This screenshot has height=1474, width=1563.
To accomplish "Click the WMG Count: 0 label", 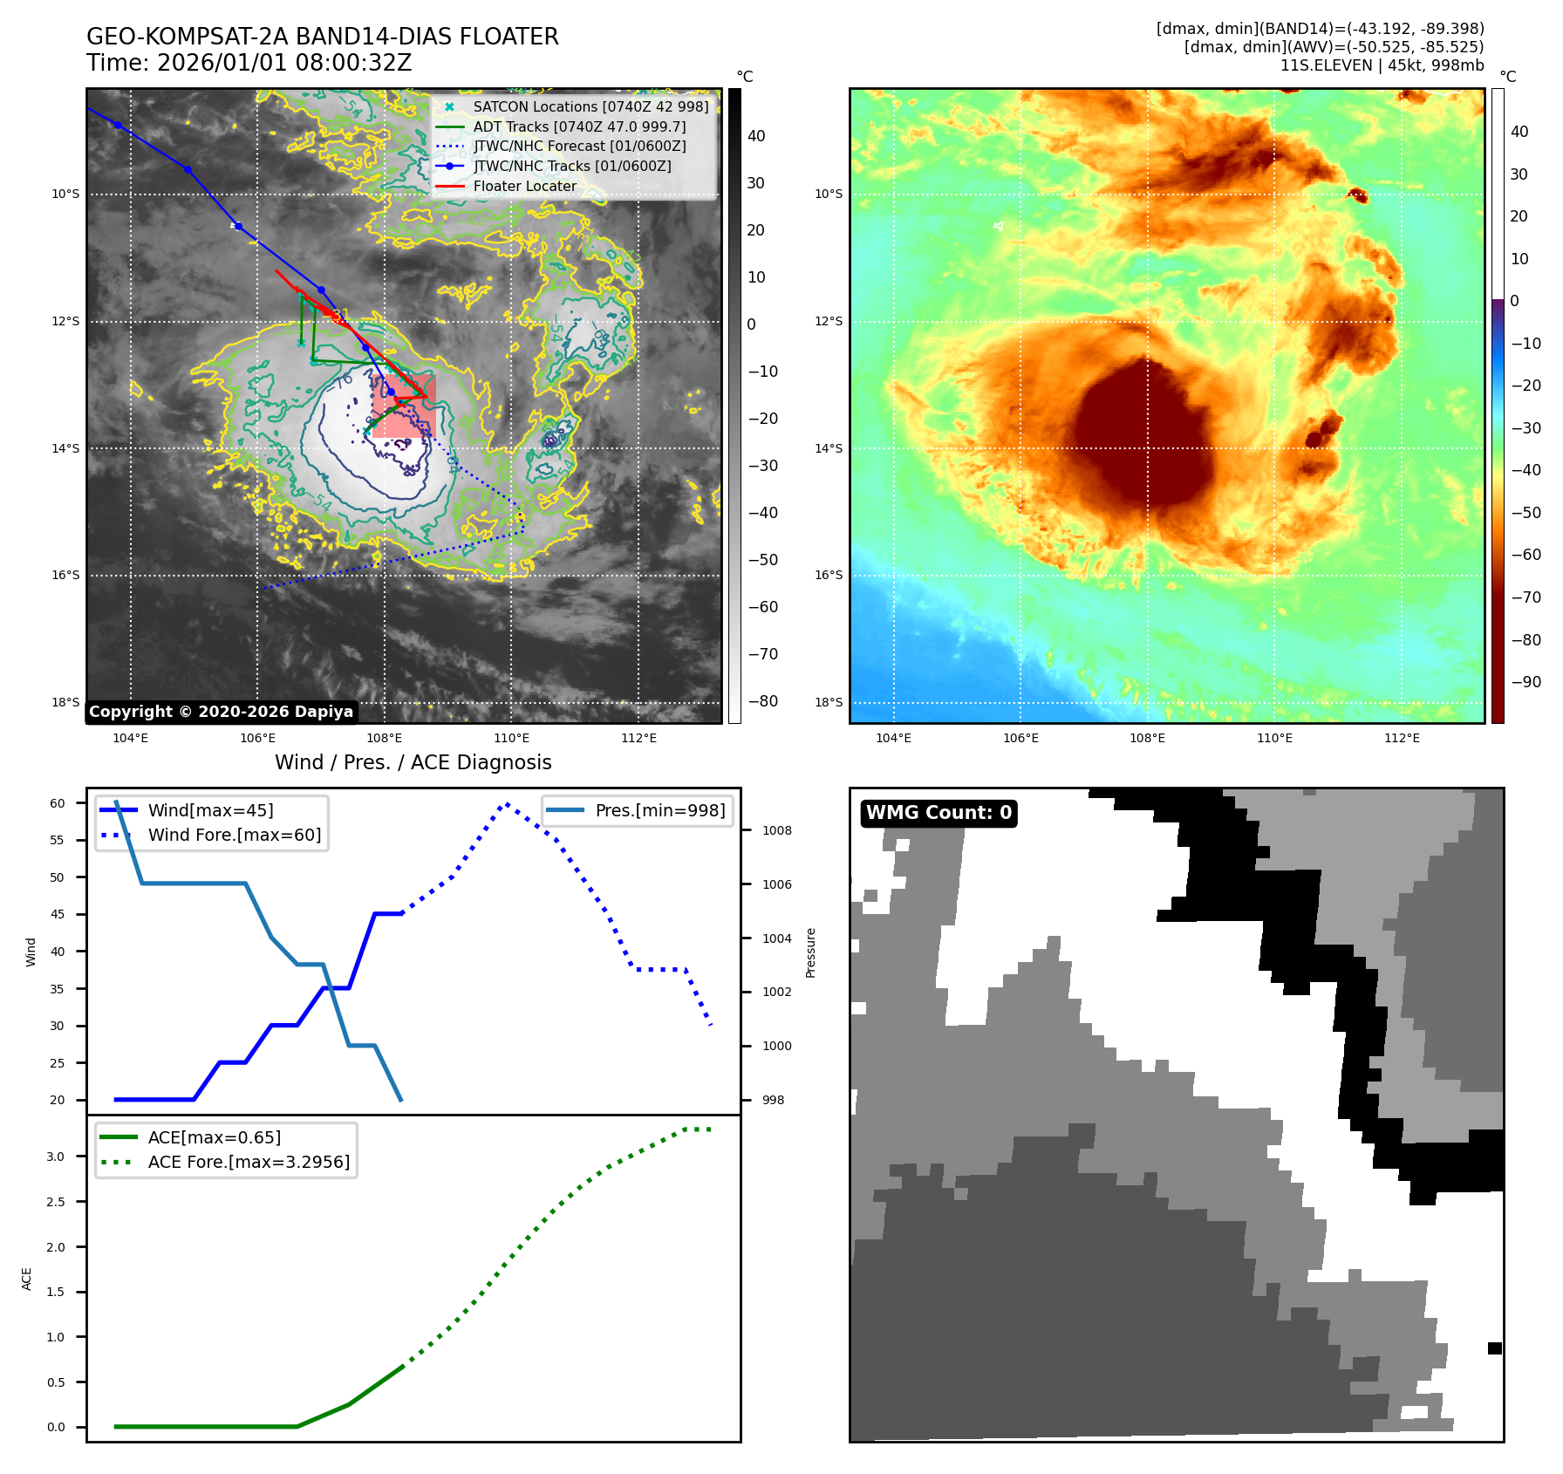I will [x=938, y=813].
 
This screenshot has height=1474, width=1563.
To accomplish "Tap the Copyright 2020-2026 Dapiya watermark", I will [x=221, y=712].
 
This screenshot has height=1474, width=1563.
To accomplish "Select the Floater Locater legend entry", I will [x=524, y=186].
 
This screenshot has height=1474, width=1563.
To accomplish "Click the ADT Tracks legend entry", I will [x=579, y=126].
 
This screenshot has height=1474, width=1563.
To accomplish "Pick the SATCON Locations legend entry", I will [x=590, y=106].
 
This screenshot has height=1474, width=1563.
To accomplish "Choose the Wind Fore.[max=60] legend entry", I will [x=234, y=835].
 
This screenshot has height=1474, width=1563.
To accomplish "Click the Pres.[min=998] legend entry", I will [x=659, y=810].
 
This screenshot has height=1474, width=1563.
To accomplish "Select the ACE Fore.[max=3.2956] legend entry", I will [x=249, y=1162].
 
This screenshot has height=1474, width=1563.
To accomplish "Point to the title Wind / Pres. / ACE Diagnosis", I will [x=413, y=762].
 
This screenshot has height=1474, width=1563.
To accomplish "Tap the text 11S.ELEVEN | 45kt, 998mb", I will [x=1382, y=65].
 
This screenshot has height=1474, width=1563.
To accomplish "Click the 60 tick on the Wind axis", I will [x=58, y=803].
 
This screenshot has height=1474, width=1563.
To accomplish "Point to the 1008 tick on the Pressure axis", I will [x=776, y=830].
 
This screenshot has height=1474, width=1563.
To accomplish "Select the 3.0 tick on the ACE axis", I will [x=56, y=1157].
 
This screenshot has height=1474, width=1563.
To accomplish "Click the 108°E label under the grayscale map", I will [x=384, y=738].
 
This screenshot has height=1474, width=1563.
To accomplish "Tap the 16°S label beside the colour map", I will [x=829, y=575].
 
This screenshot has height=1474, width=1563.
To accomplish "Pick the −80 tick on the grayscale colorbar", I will [x=762, y=701].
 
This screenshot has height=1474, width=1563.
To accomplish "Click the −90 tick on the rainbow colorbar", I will [x=1525, y=682].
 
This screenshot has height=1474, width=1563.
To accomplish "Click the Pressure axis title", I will [x=810, y=952].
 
